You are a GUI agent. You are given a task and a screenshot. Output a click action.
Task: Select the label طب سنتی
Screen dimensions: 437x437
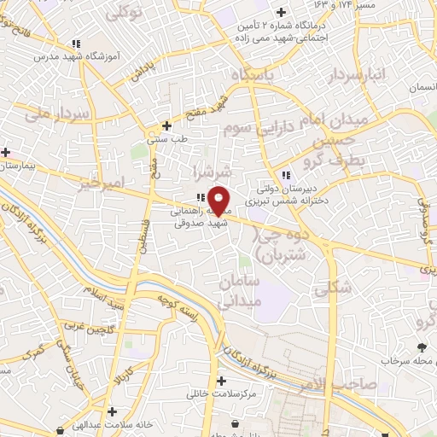[167, 138]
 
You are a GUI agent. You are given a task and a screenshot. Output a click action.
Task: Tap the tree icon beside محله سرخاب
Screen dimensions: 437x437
[423, 347]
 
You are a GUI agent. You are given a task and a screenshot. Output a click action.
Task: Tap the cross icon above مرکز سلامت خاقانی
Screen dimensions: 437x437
[222, 381]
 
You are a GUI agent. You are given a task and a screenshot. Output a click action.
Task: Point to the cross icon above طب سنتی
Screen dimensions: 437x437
[167, 125]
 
